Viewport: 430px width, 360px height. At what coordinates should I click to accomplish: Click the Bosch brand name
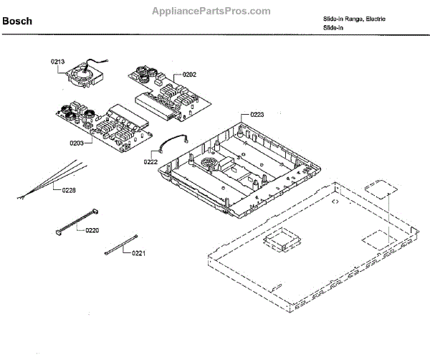[x=17, y=21]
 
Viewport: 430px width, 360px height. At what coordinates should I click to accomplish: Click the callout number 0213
[x=57, y=62]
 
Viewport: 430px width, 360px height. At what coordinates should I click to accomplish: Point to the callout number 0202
[x=189, y=74]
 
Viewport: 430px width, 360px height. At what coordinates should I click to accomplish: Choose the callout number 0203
[x=77, y=143]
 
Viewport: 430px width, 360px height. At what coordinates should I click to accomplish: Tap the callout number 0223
[x=257, y=114]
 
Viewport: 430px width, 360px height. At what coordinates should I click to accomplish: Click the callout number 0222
[x=150, y=162]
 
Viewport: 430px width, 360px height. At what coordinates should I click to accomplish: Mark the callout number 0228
[x=69, y=189]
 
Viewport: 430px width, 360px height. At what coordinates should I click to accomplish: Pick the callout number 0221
[x=138, y=253]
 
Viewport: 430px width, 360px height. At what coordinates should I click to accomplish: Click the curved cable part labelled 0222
[x=174, y=143]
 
